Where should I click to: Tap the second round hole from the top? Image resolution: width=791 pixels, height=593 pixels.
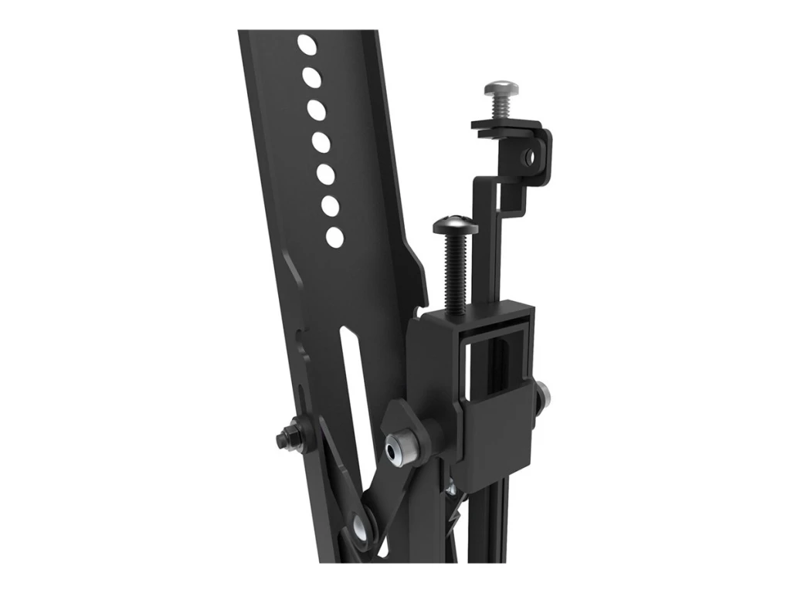pos(311,76)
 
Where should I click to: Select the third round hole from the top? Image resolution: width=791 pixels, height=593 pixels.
pos(316,110)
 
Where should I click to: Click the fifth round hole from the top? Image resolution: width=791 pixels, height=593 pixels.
pos(325,175)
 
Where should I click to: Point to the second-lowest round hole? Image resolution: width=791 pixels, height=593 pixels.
pos(330,206)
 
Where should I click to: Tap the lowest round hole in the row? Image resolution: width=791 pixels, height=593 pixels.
pos(335,236)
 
